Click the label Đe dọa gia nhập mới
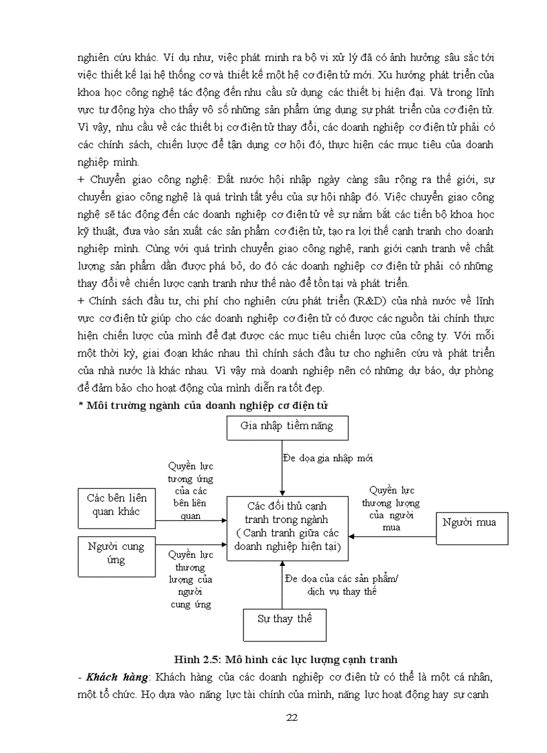pos(328,458)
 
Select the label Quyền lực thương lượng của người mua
pos(391,508)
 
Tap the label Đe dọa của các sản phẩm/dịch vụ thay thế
pos(341,585)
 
